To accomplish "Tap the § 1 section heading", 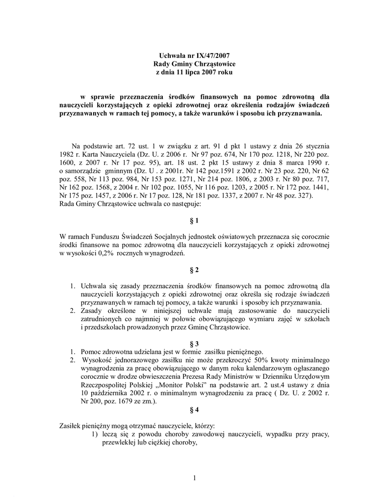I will pos(194,221).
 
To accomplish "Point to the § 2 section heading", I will pos(194,270).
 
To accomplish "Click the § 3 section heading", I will pos(194,343).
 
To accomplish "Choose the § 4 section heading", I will pos(194,409).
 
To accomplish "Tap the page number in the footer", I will pos(194,478).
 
